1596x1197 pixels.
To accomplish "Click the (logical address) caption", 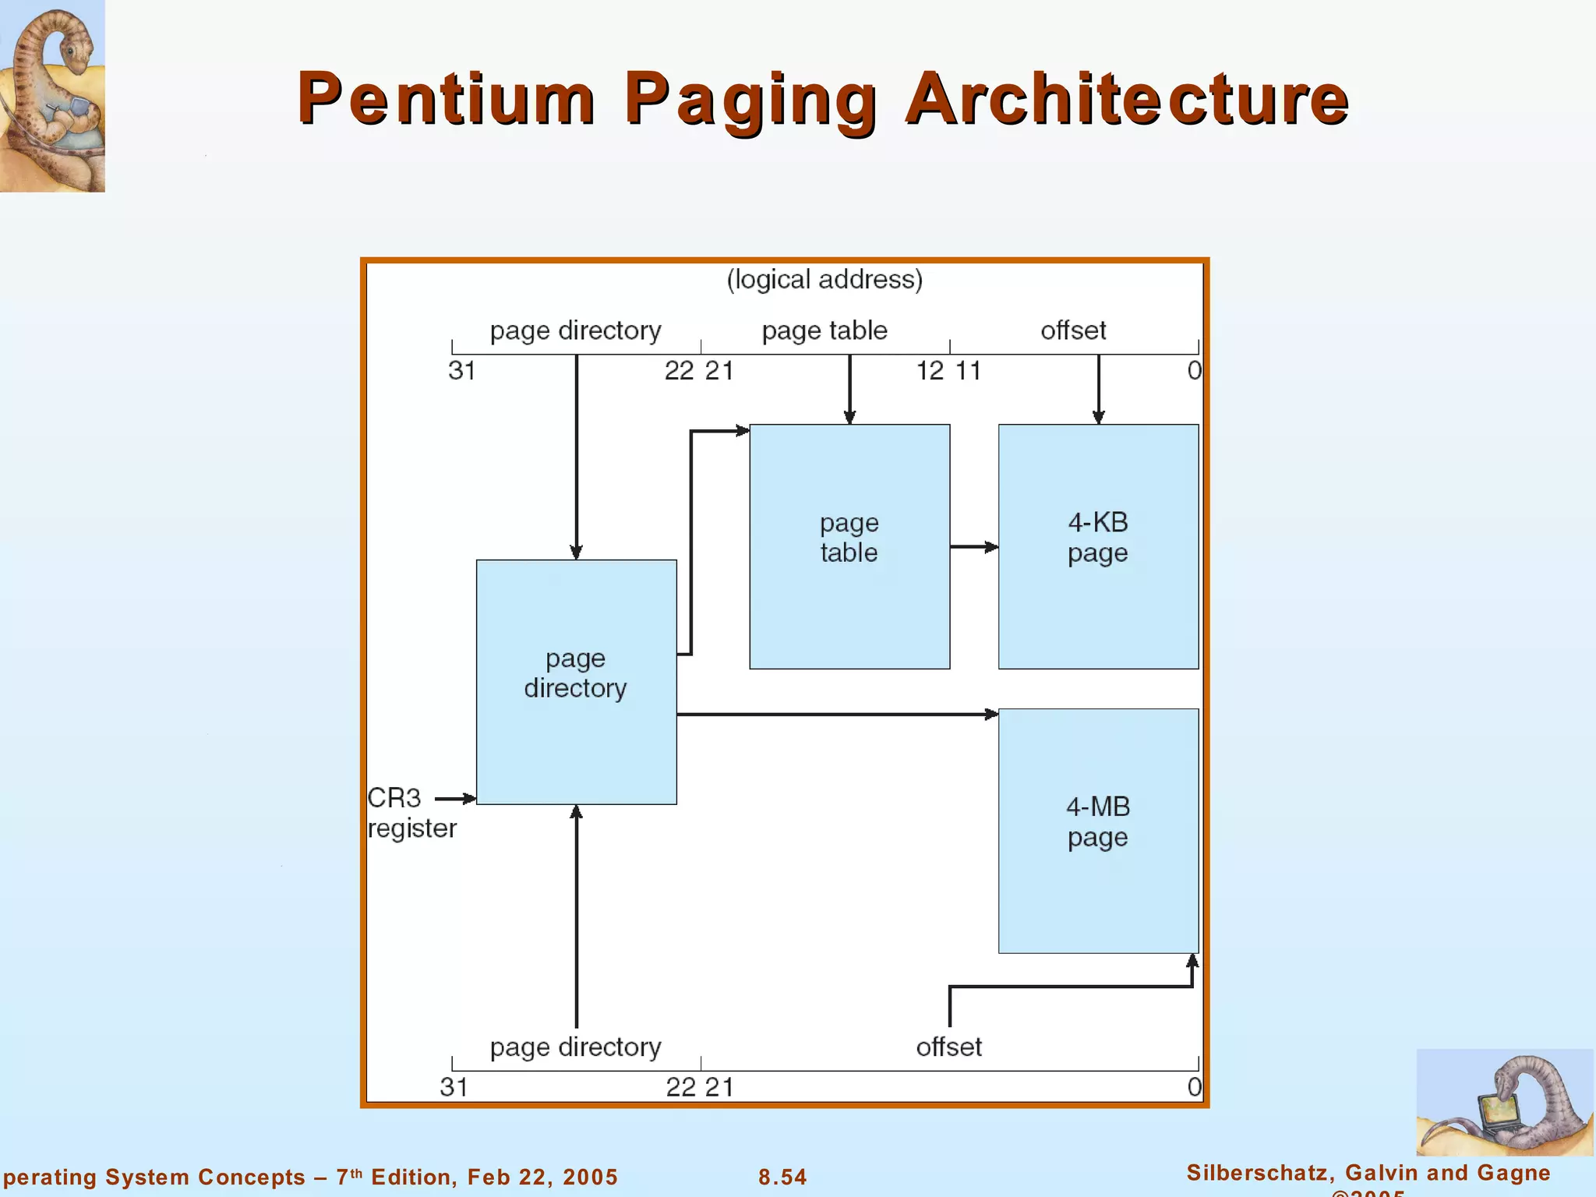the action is tap(824, 279).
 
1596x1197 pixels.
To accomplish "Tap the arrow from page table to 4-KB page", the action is tap(973, 547).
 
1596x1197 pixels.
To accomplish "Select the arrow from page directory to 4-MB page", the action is tap(837, 714).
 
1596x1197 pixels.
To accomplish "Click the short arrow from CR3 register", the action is tap(455, 798).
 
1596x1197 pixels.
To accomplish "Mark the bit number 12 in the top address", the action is tap(930, 371).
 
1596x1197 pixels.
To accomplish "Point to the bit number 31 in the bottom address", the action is tap(454, 1087).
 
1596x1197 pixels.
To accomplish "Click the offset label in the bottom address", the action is tap(948, 1047).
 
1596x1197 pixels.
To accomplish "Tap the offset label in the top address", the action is tap(1073, 330).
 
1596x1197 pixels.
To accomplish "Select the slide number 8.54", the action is tap(782, 1177).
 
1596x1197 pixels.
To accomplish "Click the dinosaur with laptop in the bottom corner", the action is tap(1503, 1102).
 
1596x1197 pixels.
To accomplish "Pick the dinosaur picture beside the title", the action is tap(52, 95).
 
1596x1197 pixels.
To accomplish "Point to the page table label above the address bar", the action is tap(824, 330).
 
